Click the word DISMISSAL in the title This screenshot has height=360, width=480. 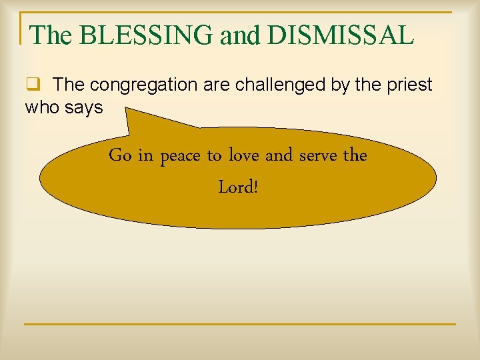340,35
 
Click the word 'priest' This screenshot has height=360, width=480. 409,85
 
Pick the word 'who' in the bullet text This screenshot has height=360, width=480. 42,107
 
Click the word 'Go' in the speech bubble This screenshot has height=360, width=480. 120,155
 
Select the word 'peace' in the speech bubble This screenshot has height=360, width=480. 181,157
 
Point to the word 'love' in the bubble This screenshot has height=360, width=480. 244,155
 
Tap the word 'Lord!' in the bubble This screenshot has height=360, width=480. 238,187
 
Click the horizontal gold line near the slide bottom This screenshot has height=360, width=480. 240,324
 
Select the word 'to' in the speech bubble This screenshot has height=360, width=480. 214,156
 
